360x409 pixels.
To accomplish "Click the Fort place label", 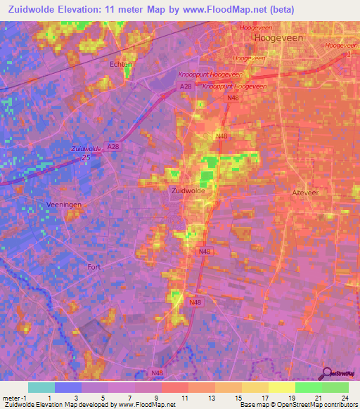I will click(x=94, y=267).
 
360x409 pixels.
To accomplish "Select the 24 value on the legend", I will click(x=344, y=398).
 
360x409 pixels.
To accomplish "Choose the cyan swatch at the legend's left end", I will click(x=41, y=387).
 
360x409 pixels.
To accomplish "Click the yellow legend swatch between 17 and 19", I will click(x=282, y=387).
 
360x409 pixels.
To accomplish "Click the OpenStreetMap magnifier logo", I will click(x=327, y=372).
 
